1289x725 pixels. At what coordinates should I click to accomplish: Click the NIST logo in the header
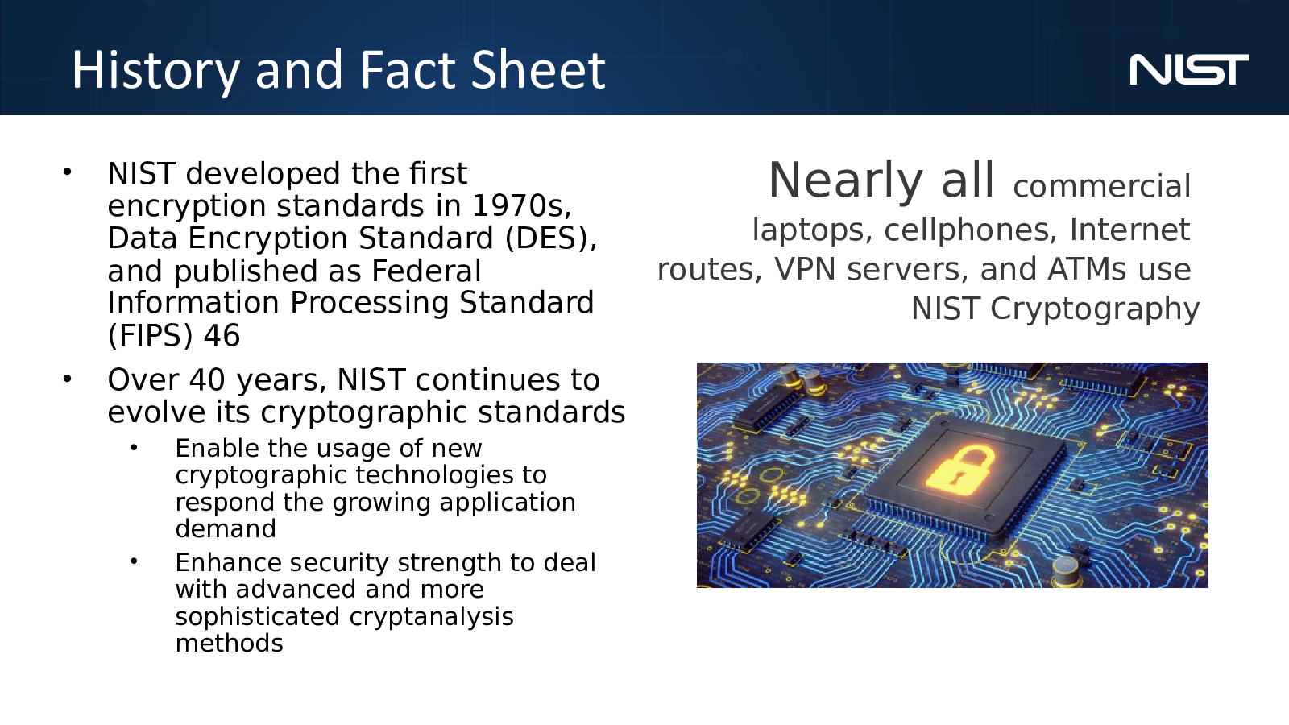point(1189,70)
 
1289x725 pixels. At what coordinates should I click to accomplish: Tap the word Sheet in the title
point(538,69)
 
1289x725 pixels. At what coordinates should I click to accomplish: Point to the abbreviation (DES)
point(551,238)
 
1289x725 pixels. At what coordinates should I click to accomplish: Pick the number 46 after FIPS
point(222,335)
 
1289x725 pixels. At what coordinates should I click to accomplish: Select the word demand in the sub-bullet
point(226,528)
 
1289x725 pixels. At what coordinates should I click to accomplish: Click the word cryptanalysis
point(431,617)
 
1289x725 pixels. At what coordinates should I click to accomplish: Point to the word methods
point(229,643)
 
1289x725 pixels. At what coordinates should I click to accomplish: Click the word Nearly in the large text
point(846,182)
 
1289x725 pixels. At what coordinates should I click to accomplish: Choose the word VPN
point(805,269)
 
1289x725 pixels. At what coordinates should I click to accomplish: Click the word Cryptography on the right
point(1095,309)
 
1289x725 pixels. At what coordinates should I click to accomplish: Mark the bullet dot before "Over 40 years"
point(68,379)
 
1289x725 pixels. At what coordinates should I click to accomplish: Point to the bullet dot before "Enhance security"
point(134,561)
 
